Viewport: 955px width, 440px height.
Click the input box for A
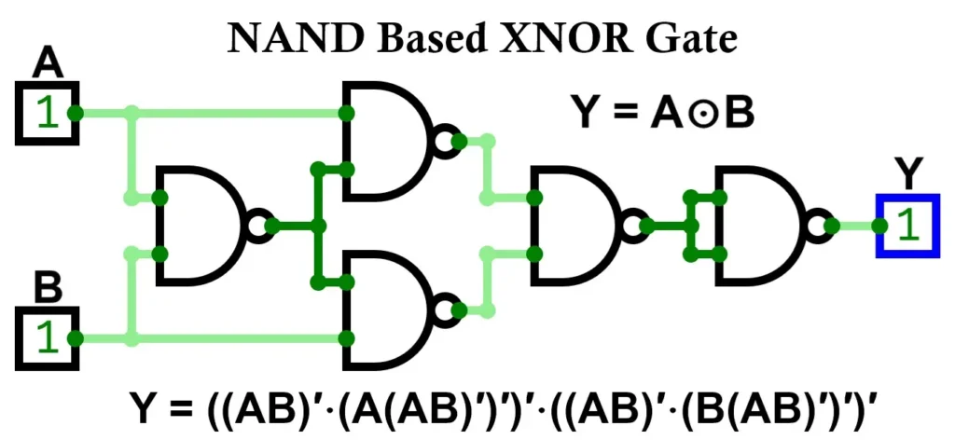coord(46,114)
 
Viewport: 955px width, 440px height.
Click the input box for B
coord(46,338)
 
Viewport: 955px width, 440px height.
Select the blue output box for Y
coord(906,226)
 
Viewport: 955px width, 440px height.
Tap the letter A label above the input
coord(48,65)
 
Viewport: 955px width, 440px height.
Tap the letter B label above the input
coord(48,289)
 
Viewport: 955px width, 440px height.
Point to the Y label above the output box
coord(907,174)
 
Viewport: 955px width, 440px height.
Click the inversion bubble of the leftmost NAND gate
coord(258,226)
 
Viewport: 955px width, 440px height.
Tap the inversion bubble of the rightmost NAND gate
coord(818,226)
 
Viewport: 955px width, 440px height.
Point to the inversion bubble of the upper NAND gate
coord(445,141)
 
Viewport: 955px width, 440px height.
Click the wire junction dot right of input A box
coord(77,114)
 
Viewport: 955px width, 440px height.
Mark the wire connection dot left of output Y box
coord(878,226)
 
